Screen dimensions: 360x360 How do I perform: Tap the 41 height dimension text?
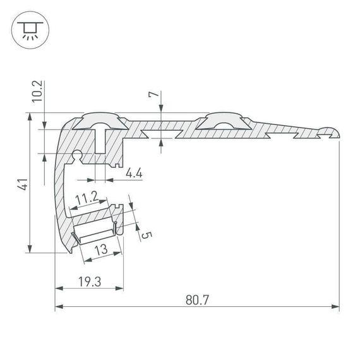point(22,184)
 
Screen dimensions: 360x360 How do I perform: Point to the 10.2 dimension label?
point(37,91)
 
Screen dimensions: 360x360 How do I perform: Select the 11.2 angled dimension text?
point(85,201)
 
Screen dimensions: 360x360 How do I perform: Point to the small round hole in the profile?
point(77,153)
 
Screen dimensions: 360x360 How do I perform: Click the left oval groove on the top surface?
point(100,121)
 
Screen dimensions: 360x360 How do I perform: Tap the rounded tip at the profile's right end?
point(333,131)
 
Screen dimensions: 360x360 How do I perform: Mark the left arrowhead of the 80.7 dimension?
point(59,308)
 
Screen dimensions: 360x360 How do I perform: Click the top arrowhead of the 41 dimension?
point(30,117)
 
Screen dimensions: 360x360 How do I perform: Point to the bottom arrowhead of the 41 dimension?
point(30,249)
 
